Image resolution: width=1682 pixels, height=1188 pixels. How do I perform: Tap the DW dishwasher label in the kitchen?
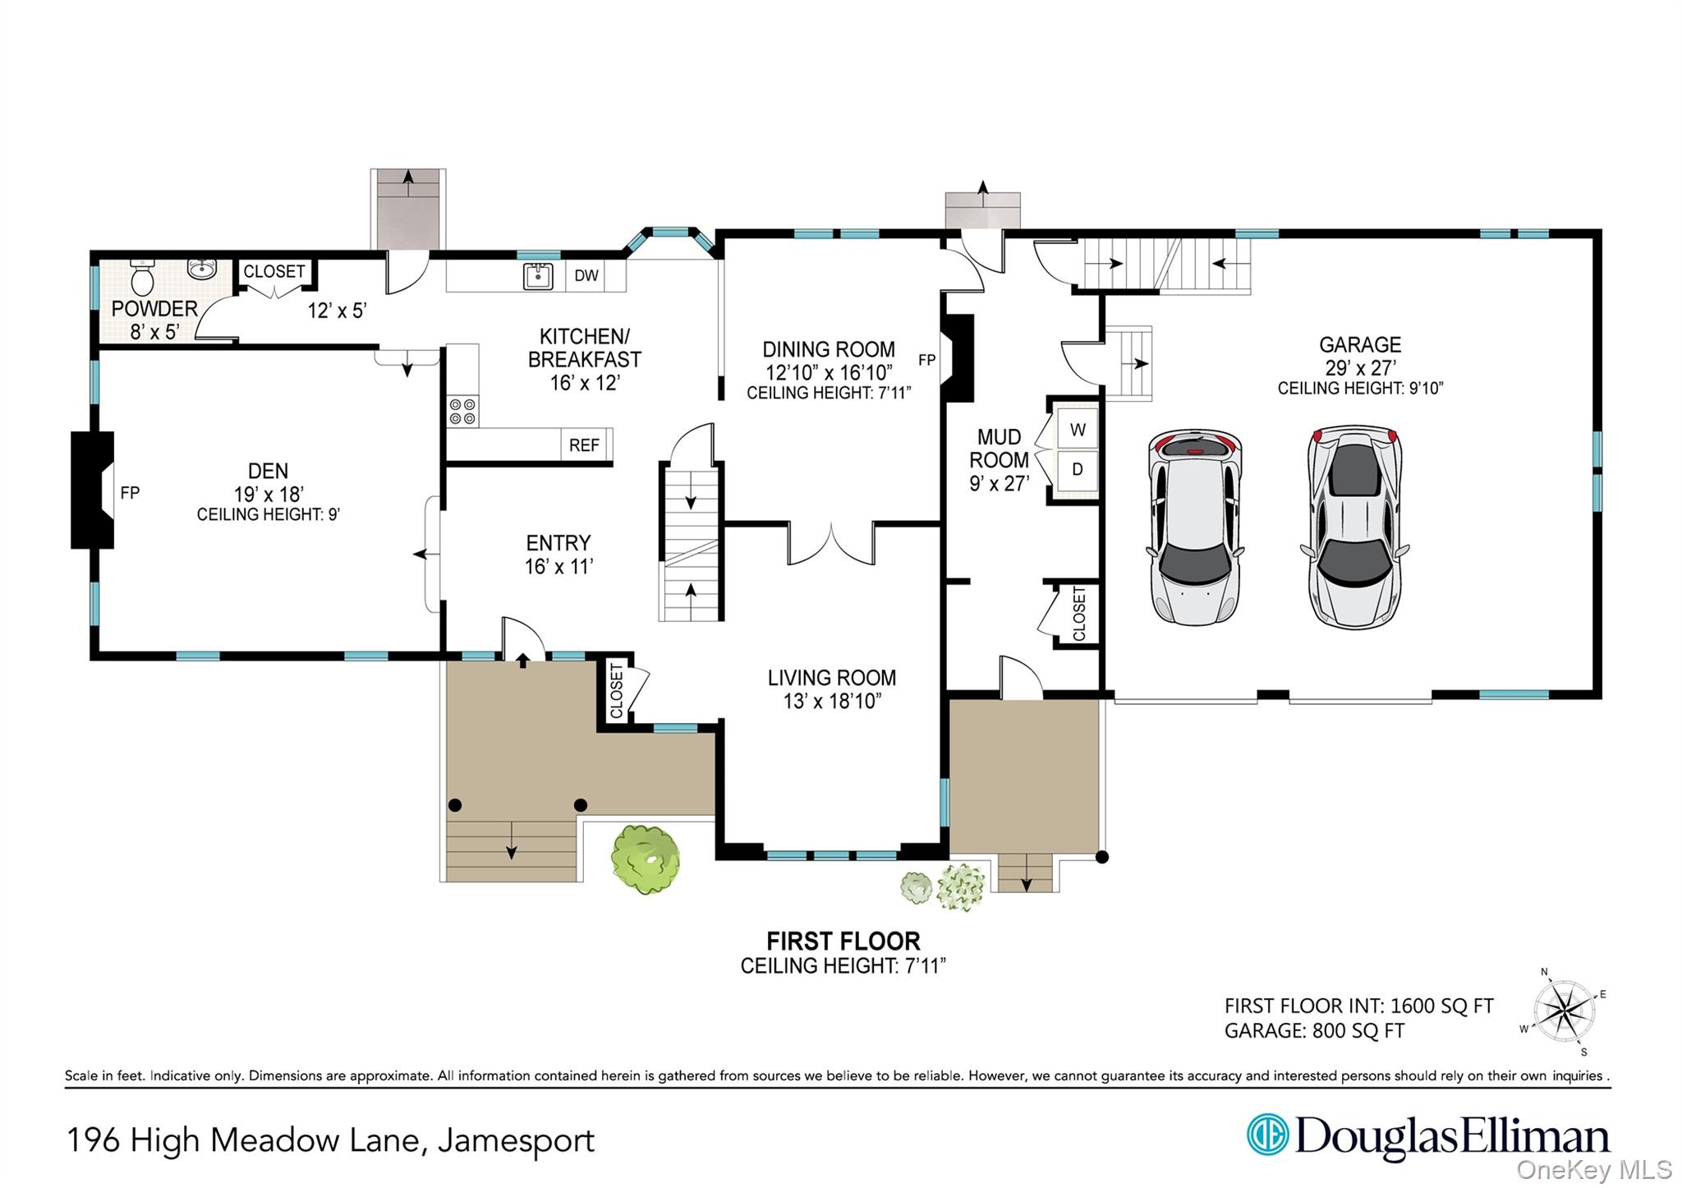[x=586, y=276]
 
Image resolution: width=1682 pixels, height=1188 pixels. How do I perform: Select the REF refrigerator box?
[x=584, y=445]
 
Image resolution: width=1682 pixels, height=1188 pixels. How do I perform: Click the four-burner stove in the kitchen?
[x=462, y=411]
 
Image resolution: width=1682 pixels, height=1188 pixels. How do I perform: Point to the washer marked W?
[x=1078, y=430]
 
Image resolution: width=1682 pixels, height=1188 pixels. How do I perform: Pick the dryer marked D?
[x=1078, y=470]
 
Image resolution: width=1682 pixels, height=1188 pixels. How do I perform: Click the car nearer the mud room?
[x=1193, y=526]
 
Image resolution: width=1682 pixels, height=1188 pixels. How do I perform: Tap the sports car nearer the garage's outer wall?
[x=1354, y=526]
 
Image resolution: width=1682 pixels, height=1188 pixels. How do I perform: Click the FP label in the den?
[x=130, y=493]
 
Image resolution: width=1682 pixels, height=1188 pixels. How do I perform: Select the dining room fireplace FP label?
[x=926, y=360]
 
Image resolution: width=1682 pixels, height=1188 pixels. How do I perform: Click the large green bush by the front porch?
[x=646, y=859]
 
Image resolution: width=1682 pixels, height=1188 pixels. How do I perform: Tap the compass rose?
[x=1564, y=1011]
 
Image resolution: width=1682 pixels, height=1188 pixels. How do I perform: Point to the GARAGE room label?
[x=1360, y=345]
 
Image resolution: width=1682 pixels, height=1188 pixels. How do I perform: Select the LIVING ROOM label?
[x=831, y=678]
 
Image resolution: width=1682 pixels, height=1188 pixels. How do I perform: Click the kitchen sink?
[x=538, y=276]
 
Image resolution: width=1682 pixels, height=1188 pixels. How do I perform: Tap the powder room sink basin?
[x=201, y=268]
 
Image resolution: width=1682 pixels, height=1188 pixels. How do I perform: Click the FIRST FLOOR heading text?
[x=843, y=942]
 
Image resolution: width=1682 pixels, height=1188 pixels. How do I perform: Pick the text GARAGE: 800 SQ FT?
[x=1314, y=1031]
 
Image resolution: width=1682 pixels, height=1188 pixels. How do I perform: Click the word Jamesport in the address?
[x=516, y=1141]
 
